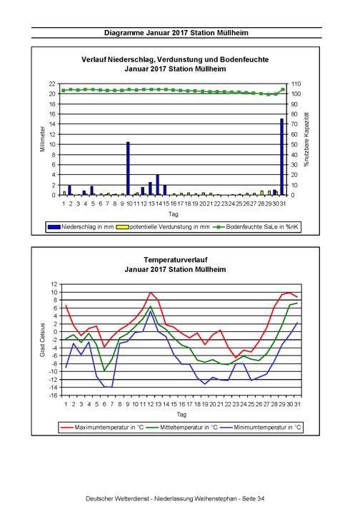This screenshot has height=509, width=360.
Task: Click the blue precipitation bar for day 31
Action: pyautogui.click(x=281, y=157)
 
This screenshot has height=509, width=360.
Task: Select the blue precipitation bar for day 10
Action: pyautogui.click(x=128, y=168)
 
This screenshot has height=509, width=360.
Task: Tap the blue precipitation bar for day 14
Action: pyautogui.click(x=158, y=185)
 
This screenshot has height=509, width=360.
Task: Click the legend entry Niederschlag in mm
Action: pyautogui.click(x=81, y=227)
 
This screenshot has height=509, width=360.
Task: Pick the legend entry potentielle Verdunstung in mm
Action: pyautogui.click(x=163, y=227)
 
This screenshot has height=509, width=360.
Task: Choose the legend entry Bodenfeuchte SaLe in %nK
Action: pyautogui.click(x=256, y=227)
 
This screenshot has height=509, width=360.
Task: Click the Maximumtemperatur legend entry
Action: pyautogui.click(x=101, y=427)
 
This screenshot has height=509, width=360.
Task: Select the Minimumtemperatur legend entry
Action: pyautogui.click(x=261, y=427)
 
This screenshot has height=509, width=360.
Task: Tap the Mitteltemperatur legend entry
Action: pyautogui.click(x=181, y=427)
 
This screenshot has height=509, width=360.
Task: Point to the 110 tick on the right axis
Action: pyautogui.click(x=296, y=84)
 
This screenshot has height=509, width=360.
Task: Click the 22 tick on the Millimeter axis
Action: pyautogui.click(x=52, y=84)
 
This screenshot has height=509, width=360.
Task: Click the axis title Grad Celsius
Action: pyautogui.click(x=43, y=340)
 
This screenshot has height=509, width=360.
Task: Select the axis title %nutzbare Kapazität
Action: pyautogui.click(x=306, y=140)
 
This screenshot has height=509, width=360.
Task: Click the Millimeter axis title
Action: pyautogui.click(x=43, y=139)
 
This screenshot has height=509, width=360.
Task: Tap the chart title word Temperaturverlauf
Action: pyautogui.click(x=176, y=260)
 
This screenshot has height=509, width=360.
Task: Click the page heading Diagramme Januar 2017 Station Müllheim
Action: pyautogui.click(x=176, y=33)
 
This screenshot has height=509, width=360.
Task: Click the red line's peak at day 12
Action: pyautogui.click(x=151, y=292)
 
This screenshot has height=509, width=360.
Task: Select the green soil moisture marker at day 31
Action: pyautogui.click(x=283, y=90)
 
